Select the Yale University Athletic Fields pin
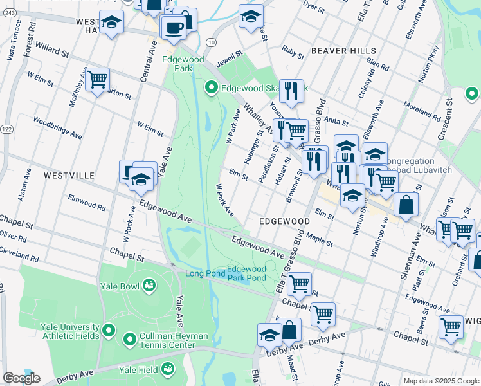click(108, 331)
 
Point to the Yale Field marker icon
click(167, 369)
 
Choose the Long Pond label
click(205, 274)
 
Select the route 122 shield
click(6, 129)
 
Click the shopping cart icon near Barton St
click(97, 80)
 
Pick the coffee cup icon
click(173, 27)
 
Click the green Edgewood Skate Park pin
click(211, 87)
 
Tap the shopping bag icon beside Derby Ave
click(290, 330)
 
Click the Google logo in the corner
click(21, 378)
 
